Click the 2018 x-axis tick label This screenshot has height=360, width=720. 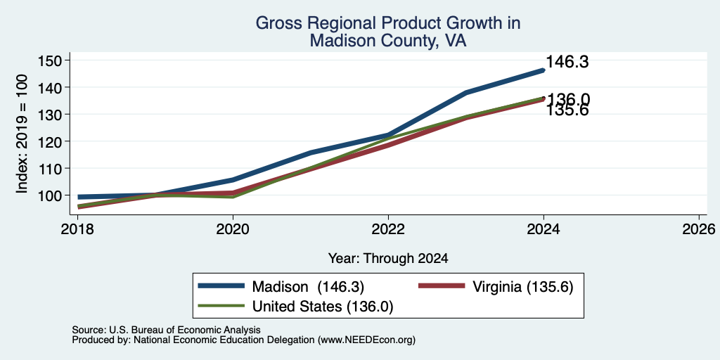(x=78, y=229)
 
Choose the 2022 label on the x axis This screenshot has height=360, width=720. (x=388, y=229)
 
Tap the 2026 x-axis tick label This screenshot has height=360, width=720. (x=699, y=229)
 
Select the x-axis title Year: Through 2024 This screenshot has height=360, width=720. (x=388, y=259)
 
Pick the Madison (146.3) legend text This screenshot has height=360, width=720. (x=308, y=287)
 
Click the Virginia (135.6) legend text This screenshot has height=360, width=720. (x=523, y=287)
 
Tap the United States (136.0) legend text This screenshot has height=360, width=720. (x=323, y=307)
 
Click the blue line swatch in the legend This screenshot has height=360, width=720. (x=221, y=286)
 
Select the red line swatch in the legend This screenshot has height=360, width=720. (x=442, y=286)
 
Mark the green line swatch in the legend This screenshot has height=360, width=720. (x=221, y=305)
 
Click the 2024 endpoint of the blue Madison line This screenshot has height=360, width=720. (x=544, y=70)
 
